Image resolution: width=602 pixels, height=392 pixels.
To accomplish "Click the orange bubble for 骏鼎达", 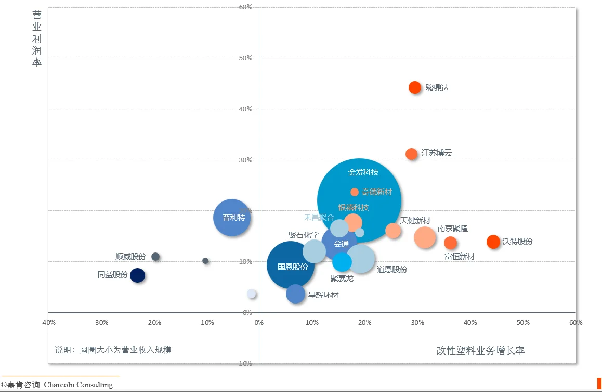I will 414,87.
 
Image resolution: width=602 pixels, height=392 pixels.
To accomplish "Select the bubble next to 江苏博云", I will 411,154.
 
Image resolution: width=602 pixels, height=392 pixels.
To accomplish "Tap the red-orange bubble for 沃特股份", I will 493,242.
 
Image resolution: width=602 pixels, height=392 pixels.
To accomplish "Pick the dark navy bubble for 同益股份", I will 137,275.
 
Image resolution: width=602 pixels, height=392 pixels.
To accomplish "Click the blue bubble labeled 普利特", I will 232,218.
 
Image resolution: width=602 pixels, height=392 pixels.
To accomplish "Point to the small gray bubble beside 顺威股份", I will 155,257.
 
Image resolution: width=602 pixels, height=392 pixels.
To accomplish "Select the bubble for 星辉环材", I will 295,294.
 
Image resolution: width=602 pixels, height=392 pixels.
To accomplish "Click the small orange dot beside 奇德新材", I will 355,192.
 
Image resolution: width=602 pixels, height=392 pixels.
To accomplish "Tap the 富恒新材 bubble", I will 450,243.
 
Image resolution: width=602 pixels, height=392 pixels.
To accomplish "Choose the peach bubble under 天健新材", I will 393,231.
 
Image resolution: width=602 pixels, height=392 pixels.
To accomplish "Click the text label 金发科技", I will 363,172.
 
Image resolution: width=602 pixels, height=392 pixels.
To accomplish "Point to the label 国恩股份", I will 293,267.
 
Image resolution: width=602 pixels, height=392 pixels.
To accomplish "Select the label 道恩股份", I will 392,270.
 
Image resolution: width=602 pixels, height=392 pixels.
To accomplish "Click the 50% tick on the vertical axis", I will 245,58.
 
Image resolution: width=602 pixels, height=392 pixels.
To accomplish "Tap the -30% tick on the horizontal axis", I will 100,323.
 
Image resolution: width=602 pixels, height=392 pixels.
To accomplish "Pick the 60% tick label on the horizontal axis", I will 575,323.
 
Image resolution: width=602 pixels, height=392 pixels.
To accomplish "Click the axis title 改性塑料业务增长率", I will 480,351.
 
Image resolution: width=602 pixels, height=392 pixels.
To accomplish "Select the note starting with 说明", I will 113,350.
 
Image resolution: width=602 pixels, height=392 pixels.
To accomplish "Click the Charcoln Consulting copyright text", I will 57,385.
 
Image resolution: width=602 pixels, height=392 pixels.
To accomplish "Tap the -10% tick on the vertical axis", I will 244,363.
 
